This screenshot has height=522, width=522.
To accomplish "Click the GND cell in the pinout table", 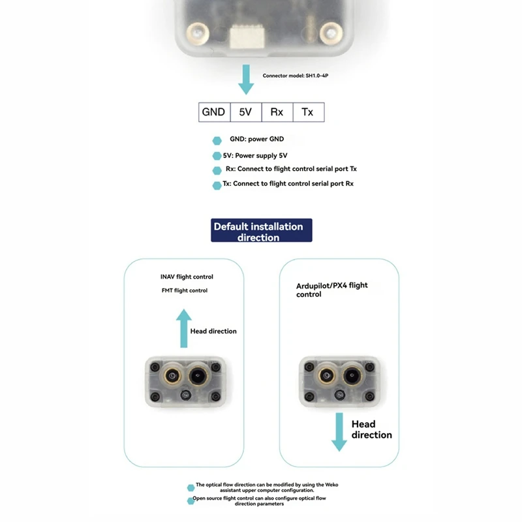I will coord(214,112).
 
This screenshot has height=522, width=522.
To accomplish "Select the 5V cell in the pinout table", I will coord(245,112).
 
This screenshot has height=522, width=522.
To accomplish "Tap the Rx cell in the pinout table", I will coord(277,112).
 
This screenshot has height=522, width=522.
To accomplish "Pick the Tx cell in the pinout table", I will coord(307,112).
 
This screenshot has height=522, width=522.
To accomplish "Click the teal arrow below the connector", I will coord(246,79).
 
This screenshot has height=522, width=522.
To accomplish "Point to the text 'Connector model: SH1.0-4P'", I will coord(299,76).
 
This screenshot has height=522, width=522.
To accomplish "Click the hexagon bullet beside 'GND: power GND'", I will coord(217,140).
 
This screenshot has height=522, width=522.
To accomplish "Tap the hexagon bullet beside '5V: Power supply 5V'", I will coord(217,157).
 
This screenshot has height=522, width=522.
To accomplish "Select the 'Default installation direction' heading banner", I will coord(261,231).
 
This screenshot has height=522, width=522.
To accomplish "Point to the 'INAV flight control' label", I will coord(187,277).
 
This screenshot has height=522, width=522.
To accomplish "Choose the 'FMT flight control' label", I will coord(184,290).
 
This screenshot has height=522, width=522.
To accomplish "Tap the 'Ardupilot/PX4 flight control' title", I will coord(331,290).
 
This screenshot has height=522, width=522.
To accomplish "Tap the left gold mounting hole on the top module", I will coord(194,29).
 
